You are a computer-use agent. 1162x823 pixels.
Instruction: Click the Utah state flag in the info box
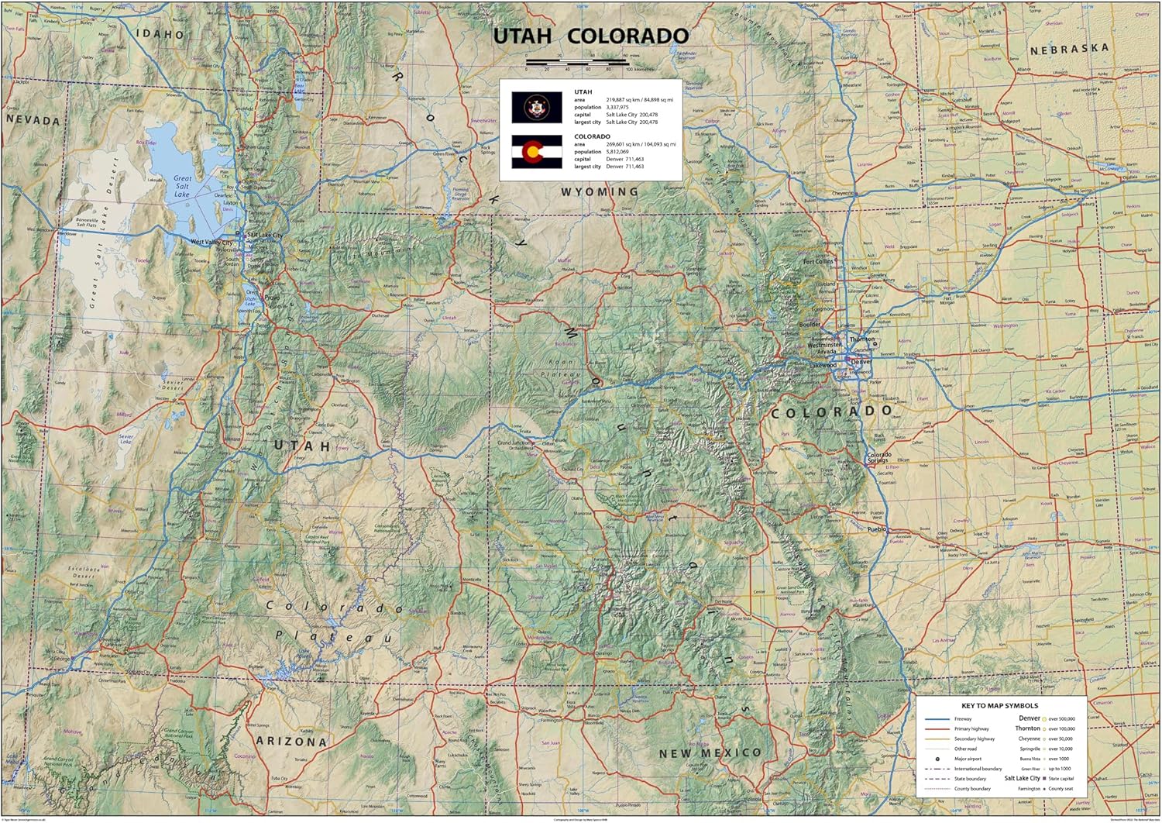point(536,108)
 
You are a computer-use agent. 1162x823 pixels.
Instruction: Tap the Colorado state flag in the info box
point(536,152)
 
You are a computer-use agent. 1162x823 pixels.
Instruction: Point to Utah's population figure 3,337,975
point(617,107)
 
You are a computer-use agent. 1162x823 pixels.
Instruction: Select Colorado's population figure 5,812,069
point(617,152)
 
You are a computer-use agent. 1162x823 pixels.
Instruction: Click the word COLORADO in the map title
point(627,36)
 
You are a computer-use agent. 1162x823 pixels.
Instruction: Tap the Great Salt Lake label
point(182,186)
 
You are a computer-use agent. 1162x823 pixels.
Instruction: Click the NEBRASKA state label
point(1069,49)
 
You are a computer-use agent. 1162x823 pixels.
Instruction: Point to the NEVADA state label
point(33,120)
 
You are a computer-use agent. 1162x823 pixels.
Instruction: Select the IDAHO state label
point(160,34)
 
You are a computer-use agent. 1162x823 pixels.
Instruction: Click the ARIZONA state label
point(291,742)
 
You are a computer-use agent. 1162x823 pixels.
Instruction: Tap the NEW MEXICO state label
point(710,752)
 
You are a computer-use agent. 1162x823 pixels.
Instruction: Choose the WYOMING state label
point(600,191)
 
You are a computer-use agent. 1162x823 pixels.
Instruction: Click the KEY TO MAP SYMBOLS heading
point(999,706)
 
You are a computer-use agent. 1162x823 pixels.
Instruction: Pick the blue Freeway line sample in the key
point(937,719)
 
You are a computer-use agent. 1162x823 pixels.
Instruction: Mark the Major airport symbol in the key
point(937,759)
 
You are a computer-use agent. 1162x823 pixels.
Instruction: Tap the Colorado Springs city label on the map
point(879,458)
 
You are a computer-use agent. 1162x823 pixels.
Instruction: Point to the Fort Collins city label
point(819,262)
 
